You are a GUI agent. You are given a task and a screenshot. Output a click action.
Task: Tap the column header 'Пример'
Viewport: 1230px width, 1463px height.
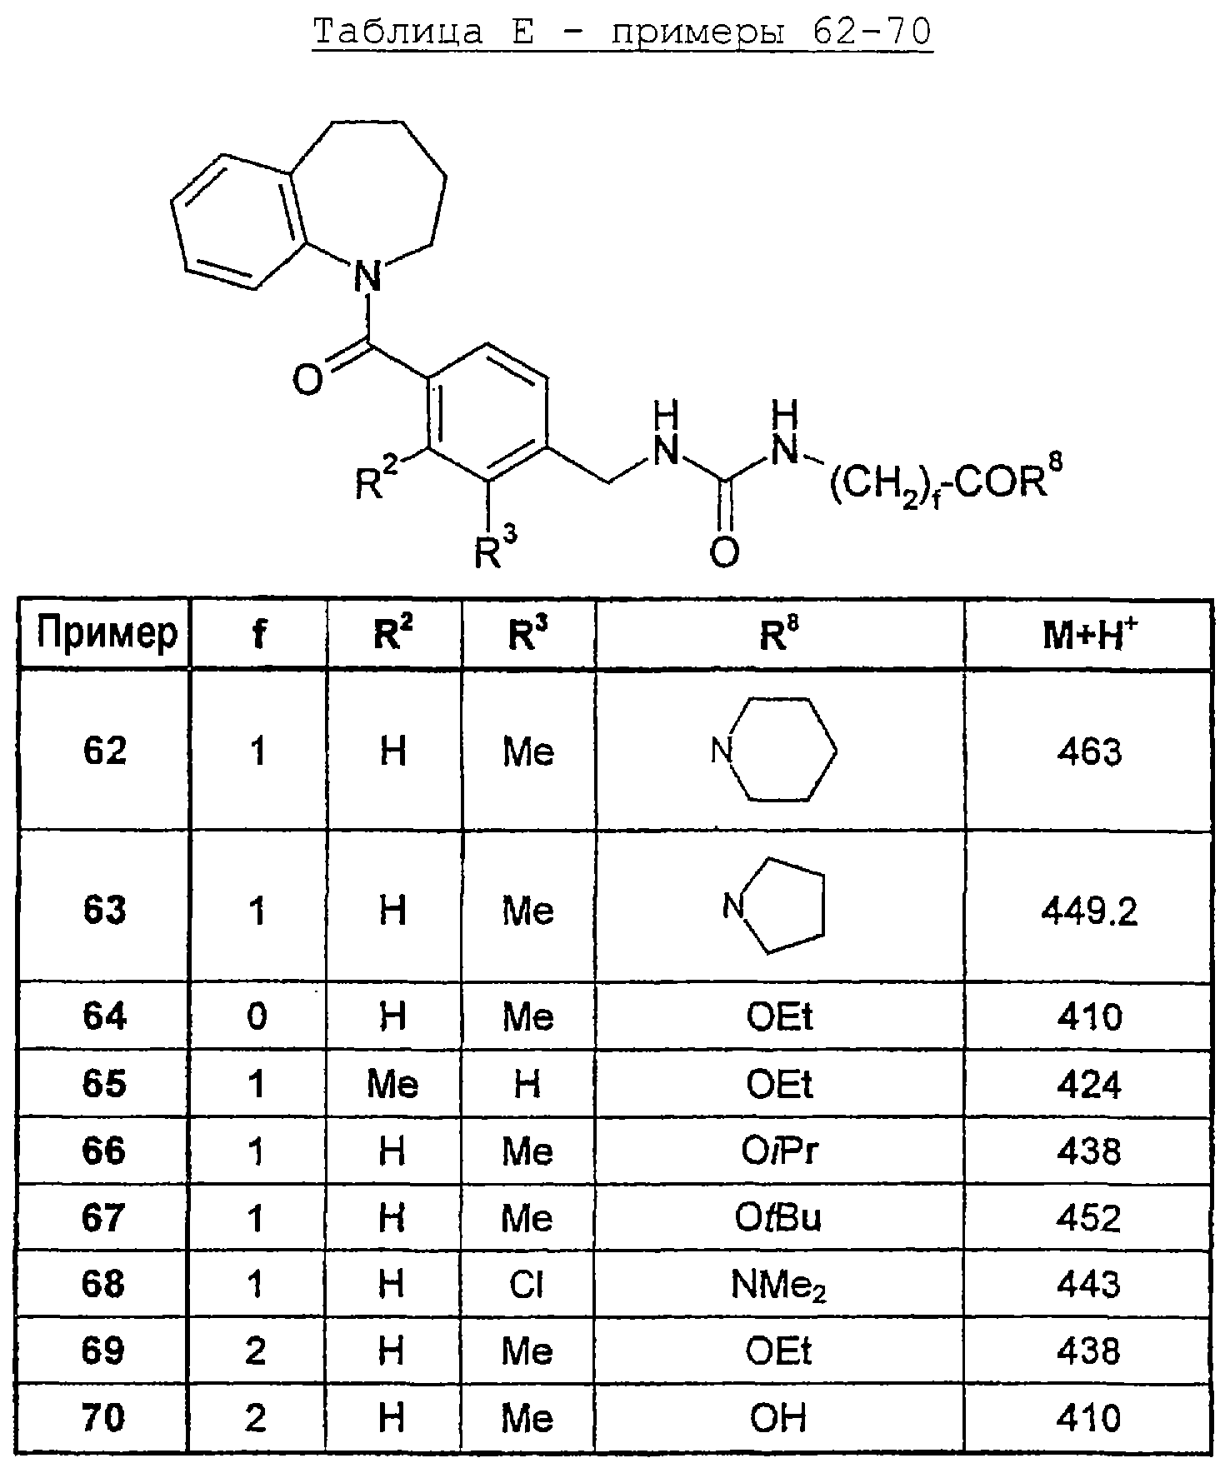point(106,633)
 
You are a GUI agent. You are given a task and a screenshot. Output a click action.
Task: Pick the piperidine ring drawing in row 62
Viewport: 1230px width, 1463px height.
point(774,750)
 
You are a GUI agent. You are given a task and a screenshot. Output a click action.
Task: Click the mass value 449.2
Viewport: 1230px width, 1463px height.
point(1089,913)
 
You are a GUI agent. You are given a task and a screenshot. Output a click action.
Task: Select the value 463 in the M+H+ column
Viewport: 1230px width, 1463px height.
point(1089,752)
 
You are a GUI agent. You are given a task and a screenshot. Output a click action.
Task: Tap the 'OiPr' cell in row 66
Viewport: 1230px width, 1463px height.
point(779,1151)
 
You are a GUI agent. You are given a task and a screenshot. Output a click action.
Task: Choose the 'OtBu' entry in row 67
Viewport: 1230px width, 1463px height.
point(778,1218)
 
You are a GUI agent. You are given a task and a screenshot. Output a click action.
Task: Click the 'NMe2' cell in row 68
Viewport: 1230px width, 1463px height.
point(779,1286)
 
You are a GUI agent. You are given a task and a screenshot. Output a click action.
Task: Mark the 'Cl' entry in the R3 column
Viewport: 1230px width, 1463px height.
point(527,1285)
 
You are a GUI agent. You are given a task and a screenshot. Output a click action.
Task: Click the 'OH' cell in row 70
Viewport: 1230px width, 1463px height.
point(778,1419)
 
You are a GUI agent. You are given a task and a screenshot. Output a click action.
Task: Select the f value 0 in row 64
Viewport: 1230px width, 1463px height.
point(257,1016)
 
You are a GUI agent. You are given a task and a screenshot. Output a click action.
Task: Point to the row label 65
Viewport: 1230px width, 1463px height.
point(104,1084)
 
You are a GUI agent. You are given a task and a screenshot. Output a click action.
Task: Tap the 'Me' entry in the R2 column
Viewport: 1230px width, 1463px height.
point(392,1084)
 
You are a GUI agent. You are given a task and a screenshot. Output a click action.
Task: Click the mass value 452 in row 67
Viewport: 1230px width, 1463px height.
point(1089,1218)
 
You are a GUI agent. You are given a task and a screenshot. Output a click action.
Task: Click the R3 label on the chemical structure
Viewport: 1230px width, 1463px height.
point(496,549)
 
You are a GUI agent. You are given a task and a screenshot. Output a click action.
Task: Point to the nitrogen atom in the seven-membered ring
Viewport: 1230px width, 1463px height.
point(367,276)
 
